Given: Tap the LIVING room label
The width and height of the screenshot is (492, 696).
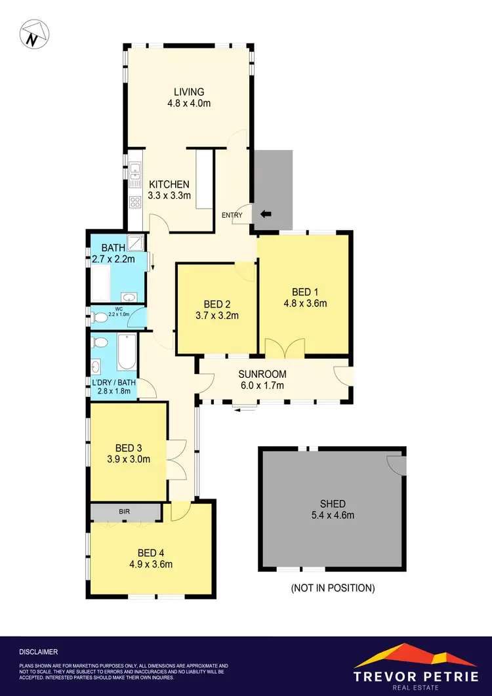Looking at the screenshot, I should tap(189, 92).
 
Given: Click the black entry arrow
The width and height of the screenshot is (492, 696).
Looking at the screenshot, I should tap(266, 214).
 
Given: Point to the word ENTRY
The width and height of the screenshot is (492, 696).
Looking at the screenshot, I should tap(232, 215).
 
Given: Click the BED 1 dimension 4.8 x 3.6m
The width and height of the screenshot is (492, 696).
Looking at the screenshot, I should tap(305, 303).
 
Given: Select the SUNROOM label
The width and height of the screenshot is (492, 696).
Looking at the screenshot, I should tap(262, 374).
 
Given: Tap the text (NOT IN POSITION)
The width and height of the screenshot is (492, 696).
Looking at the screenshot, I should tap(333, 588).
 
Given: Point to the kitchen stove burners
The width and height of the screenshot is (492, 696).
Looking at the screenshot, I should tap(135, 202).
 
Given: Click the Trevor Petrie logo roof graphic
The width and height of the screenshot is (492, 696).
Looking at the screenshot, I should tap(410, 657).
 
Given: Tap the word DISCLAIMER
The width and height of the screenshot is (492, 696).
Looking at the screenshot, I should tap(39, 652).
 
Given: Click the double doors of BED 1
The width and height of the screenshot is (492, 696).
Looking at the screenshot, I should tap(285, 347).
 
